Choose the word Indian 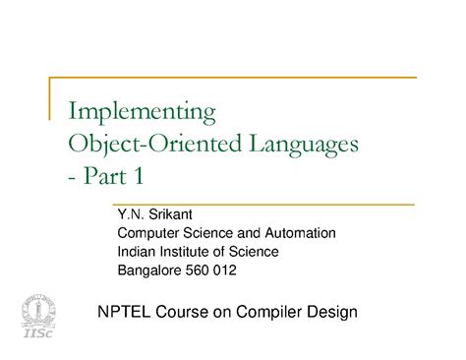[x=137, y=252]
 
